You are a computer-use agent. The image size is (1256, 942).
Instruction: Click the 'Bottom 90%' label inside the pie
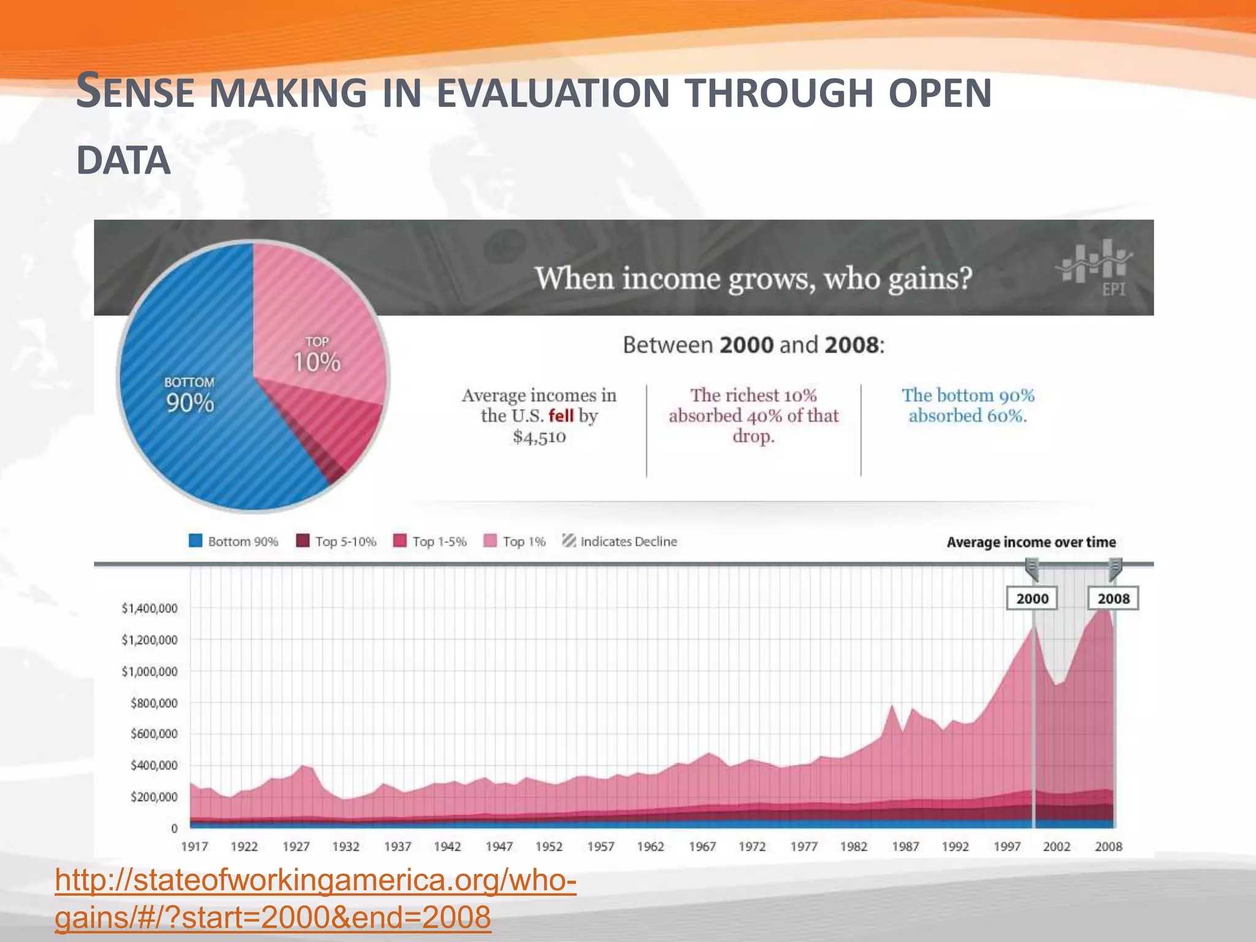tap(190, 396)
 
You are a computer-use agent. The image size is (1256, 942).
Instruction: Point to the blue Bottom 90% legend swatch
tap(196, 541)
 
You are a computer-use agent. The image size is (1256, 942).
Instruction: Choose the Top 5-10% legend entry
tap(336, 542)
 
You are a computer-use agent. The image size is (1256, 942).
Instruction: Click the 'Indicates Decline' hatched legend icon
tap(569, 541)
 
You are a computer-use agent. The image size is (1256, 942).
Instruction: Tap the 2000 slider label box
tap(1032, 599)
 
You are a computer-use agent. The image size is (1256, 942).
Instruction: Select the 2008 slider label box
tap(1113, 599)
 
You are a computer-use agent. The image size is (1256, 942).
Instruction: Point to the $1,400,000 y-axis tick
tap(150, 608)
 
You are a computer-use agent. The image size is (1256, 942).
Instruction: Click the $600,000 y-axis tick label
tap(154, 734)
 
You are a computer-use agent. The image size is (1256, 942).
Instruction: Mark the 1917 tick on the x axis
tap(194, 846)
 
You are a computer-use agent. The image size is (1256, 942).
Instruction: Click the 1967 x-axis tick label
tap(702, 846)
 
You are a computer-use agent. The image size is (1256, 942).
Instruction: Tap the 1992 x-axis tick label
tap(955, 846)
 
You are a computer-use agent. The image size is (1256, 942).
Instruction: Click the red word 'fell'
tap(561, 416)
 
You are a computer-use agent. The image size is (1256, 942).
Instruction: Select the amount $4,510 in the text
tap(539, 437)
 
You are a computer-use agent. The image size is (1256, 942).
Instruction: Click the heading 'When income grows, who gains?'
tap(753, 278)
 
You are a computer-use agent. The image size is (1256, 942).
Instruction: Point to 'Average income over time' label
tap(1031, 542)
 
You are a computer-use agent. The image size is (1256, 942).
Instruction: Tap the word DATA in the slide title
tap(123, 161)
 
